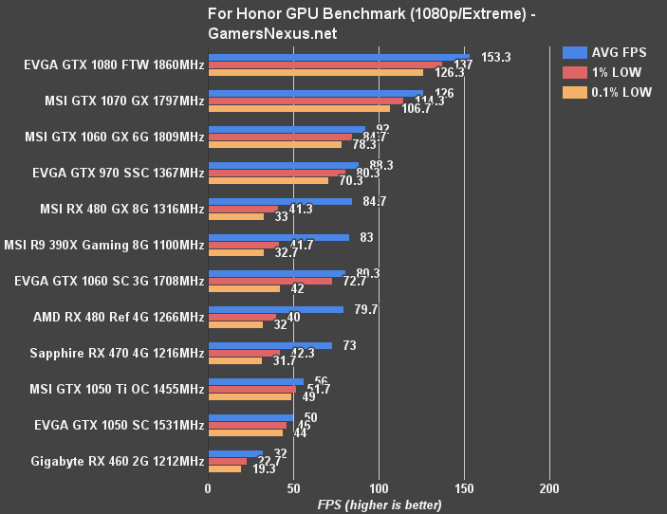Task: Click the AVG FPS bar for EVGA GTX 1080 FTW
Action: click(x=339, y=57)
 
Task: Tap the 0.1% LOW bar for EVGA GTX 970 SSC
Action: click(x=269, y=180)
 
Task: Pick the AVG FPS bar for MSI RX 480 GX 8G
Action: click(x=280, y=201)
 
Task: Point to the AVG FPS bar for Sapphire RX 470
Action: click(x=270, y=346)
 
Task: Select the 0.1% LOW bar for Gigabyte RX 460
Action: click(x=225, y=469)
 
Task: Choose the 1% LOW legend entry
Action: click(x=602, y=72)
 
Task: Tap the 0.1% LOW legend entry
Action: click(x=607, y=92)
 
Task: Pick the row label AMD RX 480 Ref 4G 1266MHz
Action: click(x=118, y=317)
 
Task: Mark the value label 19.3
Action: click(x=264, y=469)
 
